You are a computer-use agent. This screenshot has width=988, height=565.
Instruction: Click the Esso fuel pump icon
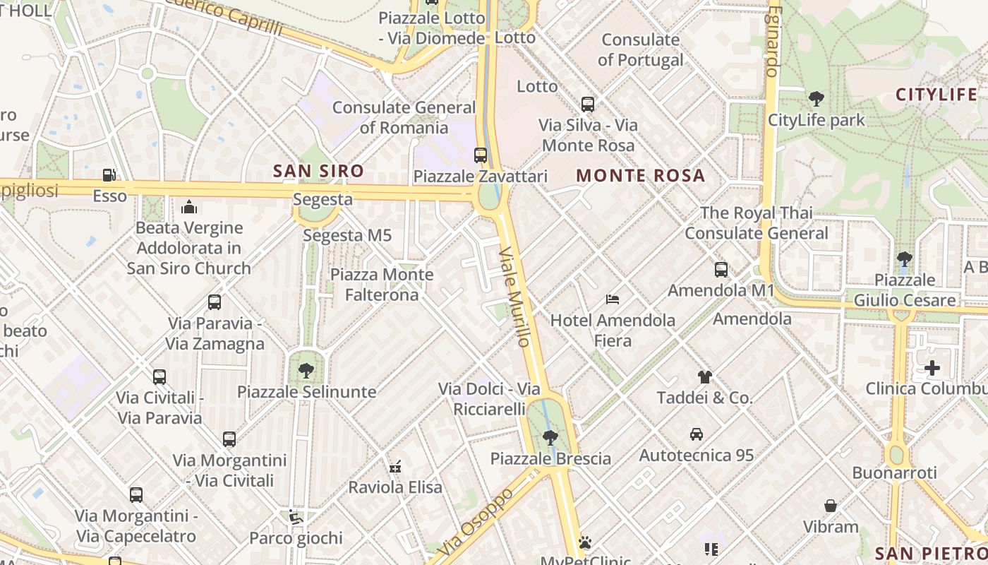pyautogui.click(x=109, y=174)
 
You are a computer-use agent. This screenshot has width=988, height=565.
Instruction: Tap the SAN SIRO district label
pyautogui.click(x=318, y=170)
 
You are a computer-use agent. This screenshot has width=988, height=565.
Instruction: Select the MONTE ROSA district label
pyautogui.click(x=641, y=176)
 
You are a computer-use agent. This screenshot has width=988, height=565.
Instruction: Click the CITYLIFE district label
pyautogui.click(x=936, y=94)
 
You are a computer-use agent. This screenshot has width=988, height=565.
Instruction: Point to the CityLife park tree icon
pyautogui.click(x=817, y=98)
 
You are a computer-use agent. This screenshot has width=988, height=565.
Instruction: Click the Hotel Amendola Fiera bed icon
pyautogui.click(x=613, y=299)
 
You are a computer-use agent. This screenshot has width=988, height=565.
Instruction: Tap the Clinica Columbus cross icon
pyautogui.click(x=932, y=368)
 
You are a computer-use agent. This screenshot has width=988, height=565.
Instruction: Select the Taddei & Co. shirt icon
pyautogui.click(x=704, y=376)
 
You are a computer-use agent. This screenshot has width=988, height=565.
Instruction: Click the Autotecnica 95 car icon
pyautogui.click(x=697, y=434)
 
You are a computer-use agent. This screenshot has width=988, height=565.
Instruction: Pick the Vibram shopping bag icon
pyautogui.click(x=831, y=506)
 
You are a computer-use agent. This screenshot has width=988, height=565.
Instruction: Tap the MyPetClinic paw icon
pyautogui.click(x=584, y=542)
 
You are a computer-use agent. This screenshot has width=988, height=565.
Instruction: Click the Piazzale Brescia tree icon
pyautogui.click(x=550, y=438)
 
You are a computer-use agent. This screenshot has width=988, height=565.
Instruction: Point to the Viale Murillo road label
pyautogui.click(x=514, y=297)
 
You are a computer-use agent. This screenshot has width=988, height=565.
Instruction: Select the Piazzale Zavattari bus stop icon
pyautogui.click(x=481, y=155)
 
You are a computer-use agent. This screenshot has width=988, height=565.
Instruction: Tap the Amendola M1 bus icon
pyautogui.click(x=721, y=269)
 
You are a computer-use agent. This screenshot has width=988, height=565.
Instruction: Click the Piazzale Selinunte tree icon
pyautogui.click(x=306, y=370)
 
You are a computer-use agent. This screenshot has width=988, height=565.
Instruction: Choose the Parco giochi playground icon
pyautogui.click(x=296, y=518)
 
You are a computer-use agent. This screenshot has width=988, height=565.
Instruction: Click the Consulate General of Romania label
pyautogui.click(x=404, y=117)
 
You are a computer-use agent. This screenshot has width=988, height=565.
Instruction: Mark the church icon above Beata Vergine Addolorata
pyautogui.click(x=189, y=207)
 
